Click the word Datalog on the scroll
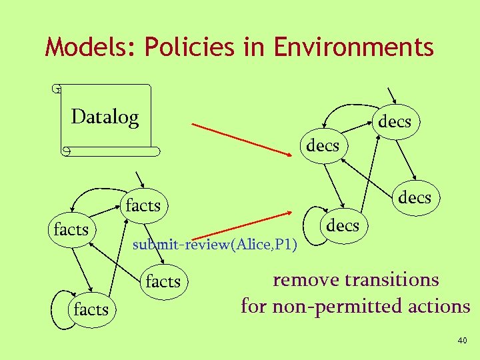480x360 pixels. tap(105, 117)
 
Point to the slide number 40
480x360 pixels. tap(463, 341)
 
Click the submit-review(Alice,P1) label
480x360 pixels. tap(215, 245)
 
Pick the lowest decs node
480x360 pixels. tap(343, 226)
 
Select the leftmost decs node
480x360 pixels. tap(323, 145)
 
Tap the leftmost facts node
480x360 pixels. tap(71, 230)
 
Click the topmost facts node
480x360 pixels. tap(143, 205)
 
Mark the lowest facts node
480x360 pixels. tap(91, 309)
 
